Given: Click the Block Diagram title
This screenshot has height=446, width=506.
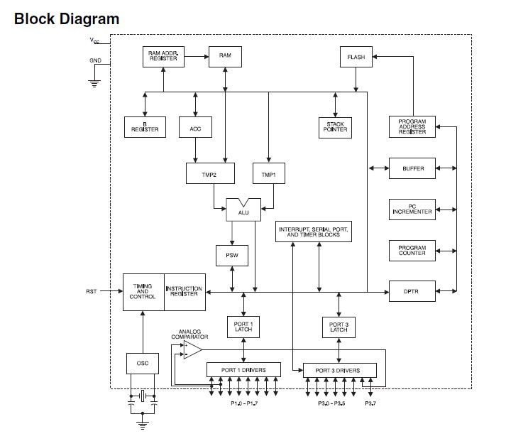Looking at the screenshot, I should click(67, 19).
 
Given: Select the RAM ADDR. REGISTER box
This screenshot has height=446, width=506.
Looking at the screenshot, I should click(164, 56).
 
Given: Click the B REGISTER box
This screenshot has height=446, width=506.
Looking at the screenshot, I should click(145, 127).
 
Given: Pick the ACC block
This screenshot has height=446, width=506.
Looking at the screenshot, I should click(195, 128).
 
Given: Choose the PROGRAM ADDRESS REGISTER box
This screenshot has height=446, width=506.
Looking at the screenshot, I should click(412, 126).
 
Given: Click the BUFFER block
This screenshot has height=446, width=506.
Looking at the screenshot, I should click(412, 169).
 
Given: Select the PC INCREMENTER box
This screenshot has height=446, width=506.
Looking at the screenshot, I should click(412, 210).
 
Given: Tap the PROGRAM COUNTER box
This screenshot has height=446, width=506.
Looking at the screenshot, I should click(412, 251).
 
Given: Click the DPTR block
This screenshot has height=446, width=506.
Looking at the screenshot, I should click(412, 291).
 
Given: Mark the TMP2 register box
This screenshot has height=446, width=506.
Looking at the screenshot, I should click(205, 173).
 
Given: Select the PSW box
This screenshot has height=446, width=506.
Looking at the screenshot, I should click(232, 255).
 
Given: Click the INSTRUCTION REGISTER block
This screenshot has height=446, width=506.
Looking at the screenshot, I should click(185, 291).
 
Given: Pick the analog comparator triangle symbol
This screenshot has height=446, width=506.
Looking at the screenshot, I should click(192, 349).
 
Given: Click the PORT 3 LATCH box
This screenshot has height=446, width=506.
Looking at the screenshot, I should click(339, 327).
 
